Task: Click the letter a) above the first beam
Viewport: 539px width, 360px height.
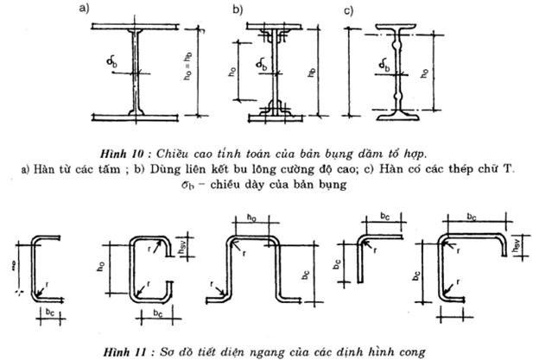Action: point(84,10)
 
